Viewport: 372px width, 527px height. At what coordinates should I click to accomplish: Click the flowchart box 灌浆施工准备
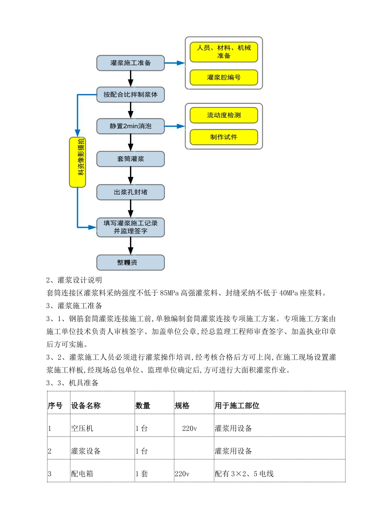[130, 63]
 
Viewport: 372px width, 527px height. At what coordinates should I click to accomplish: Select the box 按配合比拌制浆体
[130, 94]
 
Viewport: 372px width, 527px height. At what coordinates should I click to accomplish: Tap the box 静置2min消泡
[130, 126]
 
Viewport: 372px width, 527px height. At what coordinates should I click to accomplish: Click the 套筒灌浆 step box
[130, 159]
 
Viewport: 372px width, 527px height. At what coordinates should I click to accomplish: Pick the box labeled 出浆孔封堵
[130, 192]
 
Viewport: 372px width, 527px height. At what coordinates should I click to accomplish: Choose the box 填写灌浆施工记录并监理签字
[130, 227]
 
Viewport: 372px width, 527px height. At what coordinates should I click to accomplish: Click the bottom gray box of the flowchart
[130, 263]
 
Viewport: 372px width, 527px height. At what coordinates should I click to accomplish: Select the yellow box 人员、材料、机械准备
[224, 52]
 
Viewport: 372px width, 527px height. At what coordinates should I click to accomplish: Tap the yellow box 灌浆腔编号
[224, 78]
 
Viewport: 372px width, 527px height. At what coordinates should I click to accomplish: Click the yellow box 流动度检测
[224, 115]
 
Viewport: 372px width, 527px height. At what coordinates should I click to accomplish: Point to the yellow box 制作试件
[224, 137]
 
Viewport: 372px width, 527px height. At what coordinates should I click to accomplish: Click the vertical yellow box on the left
[78, 162]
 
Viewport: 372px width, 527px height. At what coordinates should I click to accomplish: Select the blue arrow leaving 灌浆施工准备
[174, 63]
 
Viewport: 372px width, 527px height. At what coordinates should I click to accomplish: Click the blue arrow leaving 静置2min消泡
[174, 126]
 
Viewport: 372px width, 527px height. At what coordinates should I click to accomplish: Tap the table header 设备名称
[86, 406]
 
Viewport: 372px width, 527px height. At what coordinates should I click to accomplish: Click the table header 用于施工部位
[237, 406]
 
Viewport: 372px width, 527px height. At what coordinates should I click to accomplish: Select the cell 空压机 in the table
[82, 429]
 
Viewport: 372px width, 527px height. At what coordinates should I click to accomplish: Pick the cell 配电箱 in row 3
[82, 474]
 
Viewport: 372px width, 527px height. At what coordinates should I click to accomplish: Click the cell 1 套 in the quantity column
[142, 474]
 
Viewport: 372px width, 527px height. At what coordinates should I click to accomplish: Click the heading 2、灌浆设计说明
[74, 280]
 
